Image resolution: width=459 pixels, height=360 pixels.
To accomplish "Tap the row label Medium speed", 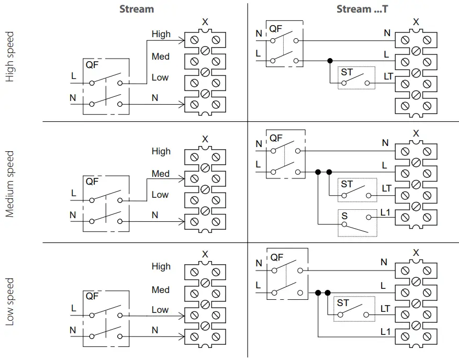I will click(9, 184).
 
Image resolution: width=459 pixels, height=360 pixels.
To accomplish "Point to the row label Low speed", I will click(9, 302).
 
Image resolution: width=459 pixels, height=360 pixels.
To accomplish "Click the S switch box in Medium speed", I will click(357, 222).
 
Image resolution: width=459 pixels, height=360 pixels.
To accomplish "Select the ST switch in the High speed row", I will click(356, 78).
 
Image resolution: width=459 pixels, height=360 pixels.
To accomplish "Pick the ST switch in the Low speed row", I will click(355, 309).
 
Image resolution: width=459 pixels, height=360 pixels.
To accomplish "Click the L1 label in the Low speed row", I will click(385, 331).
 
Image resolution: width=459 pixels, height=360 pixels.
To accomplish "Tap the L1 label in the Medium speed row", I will click(385, 212).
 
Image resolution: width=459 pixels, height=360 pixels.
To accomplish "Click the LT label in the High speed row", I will click(388, 77).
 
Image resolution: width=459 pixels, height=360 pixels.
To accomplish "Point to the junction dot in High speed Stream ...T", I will click(329, 61).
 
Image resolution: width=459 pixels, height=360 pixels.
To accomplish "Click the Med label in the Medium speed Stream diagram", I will click(160, 173).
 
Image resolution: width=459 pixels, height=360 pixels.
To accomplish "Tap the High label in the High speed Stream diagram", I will click(161, 34).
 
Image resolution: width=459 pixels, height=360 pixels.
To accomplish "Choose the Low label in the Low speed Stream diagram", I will click(160, 310).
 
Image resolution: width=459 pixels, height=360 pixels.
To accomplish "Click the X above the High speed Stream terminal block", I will click(205, 22).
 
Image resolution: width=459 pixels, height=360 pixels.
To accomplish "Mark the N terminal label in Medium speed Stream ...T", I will click(385, 143).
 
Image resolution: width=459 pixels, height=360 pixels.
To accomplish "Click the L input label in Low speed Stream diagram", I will click(73, 309).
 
